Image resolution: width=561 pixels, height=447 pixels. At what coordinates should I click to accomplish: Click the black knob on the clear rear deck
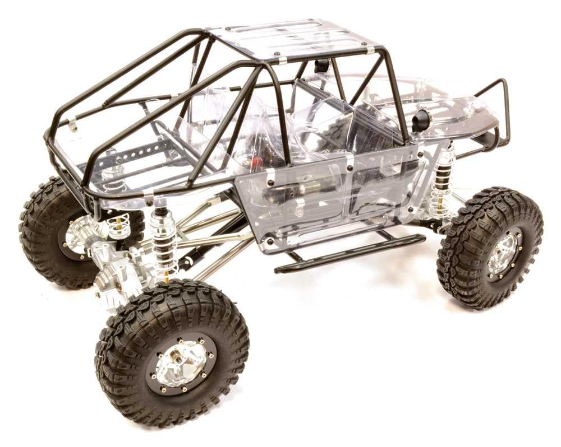pyautogui.click(x=421, y=120)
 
